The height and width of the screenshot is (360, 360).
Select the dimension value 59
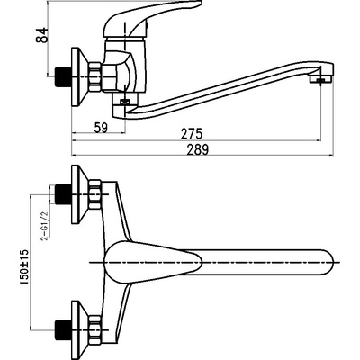pyautogui.click(x=101, y=128)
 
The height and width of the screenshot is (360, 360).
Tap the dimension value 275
pyautogui.click(x=192, y=134)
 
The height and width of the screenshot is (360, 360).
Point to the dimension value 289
pyautogui.click(x=197, y=149)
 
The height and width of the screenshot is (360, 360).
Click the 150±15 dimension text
pyautogui.click(x=25, y=267)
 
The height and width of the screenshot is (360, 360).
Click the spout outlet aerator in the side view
pyautogui.click(x=321, y=79)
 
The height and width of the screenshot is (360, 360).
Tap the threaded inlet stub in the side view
pyautogui.click(x=63, y=76)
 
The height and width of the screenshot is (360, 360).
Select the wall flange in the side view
pyautogui.click(x=79, y=76)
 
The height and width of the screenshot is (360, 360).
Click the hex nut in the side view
pyautogui.click(x=94, y=76)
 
